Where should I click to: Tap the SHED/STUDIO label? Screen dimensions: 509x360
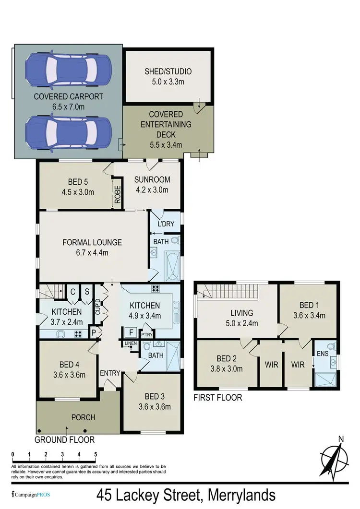[168, 71]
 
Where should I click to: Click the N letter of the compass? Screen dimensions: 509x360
[341, 438]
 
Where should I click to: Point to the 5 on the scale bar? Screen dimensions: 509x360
[96, 454]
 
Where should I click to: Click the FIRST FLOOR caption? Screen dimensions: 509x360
[217, 397]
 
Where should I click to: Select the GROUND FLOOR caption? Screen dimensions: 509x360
[65, 439]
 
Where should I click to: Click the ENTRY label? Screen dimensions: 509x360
[110, 373]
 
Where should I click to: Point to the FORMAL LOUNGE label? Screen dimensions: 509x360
[92, 242]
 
